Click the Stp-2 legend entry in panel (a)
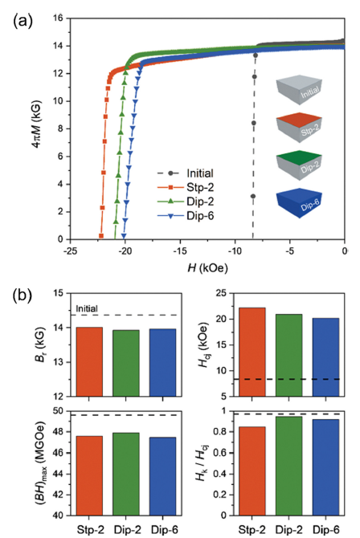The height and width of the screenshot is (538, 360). coord(186,187)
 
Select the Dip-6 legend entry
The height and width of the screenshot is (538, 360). coord(186,216)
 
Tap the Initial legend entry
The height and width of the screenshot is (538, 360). coord(186,173)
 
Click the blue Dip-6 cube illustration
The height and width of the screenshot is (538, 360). coord(299,203)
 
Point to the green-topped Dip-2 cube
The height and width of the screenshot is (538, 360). coord(299,165)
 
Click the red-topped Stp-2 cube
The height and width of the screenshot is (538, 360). coord(299,128)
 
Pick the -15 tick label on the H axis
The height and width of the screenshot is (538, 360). coord(180,251)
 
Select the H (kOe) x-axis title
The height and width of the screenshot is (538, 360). coord(207,267)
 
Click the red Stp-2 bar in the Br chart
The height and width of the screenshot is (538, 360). coord(89,361)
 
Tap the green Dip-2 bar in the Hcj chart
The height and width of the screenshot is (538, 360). coord(289,355)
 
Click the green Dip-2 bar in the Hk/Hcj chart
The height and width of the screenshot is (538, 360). coord(289,466)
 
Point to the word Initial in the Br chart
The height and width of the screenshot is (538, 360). coord(87,308)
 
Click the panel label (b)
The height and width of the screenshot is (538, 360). coord(22,295)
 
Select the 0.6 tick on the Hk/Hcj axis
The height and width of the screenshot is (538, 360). coord(221,453)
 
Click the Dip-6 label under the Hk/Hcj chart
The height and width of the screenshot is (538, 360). coord(326,530)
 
